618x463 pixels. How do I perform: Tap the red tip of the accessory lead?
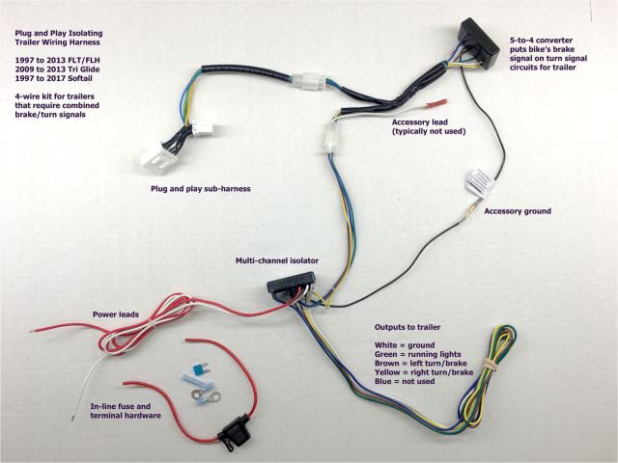[x=435, y=103]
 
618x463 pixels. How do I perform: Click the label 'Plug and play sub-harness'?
[x=200, y=189]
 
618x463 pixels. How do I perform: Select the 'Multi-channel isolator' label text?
[x=277, y=260]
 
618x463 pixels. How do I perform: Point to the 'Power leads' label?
[x=118, y=314]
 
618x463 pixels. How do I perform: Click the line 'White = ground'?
[x=405, y=344]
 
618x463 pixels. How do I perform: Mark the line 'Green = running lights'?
[x=419, y=354]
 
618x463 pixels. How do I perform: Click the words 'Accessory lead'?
[x=424, y=123]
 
